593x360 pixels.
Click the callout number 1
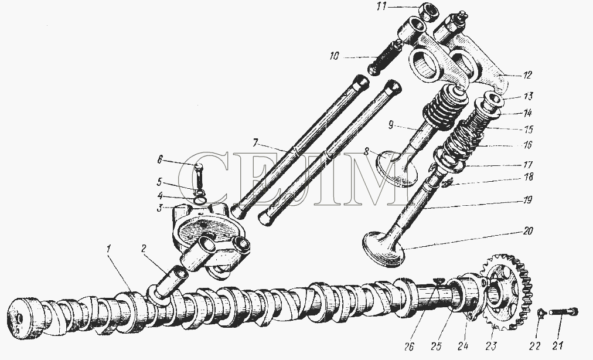tap(109, 249)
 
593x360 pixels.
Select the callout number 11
tap(382, 7)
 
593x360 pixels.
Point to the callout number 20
tap(528, 230)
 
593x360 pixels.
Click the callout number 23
tap(491, 345)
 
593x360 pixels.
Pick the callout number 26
tap(409, 346)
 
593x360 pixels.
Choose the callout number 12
tap(527, 75)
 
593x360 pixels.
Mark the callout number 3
tap(160, 208)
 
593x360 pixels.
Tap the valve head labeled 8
tap(398, 167)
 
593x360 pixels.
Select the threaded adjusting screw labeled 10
tap(385, 58)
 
